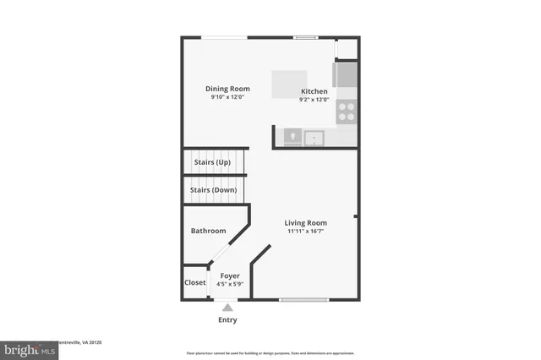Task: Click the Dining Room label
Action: [x=228, y=88]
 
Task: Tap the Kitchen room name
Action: [x=314, y=91]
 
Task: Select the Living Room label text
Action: [x=305, y=223]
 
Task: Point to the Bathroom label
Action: [x=208, y=231]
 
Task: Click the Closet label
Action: [x=195, y=282]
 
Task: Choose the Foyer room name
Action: [x=230, y=276]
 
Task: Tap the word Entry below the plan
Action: [x=227, y=320]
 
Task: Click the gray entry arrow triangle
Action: [x=227, y=308]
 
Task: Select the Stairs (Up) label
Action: [x=212, y=162]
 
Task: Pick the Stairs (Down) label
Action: [x=213, y=190]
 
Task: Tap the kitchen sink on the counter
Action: [x=314, y=136]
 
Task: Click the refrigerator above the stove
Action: [x=347, y=76]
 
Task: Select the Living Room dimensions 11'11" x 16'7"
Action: [x=305, y=232]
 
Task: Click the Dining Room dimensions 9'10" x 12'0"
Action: [x=228, y=97]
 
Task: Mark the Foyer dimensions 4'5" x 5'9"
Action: [x=230, y=285]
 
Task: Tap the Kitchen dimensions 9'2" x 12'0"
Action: [x=314, y=100]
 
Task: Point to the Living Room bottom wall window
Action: [x=303, y=299]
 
